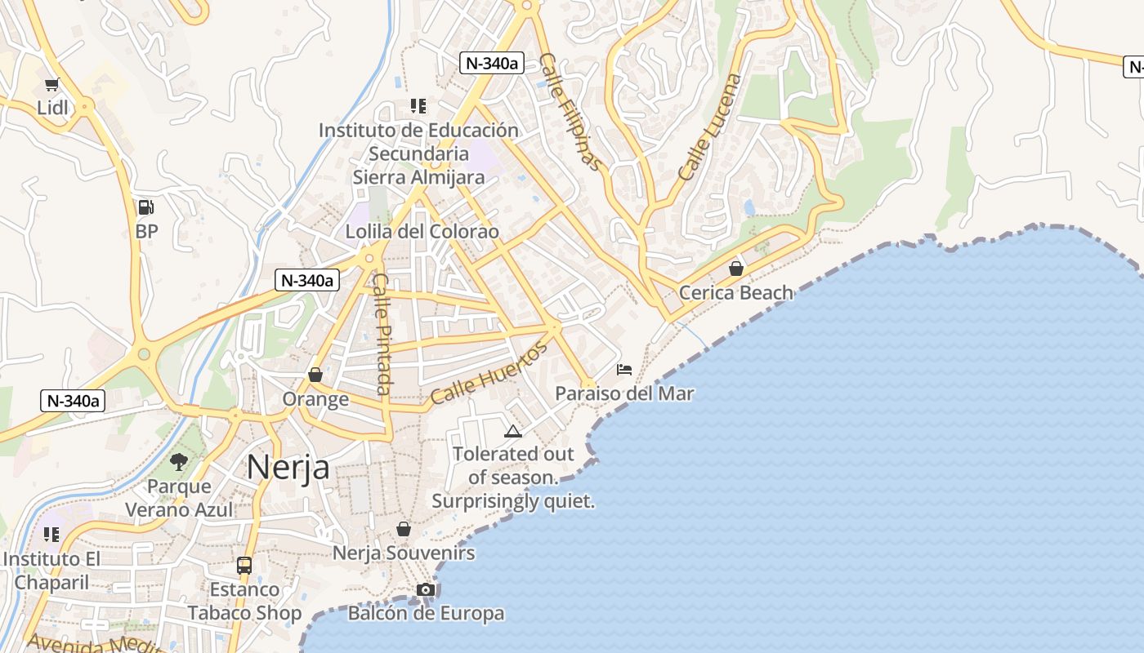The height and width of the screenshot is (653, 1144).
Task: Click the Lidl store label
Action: (52, 108)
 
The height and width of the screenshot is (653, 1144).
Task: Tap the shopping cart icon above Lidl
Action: (52, 84)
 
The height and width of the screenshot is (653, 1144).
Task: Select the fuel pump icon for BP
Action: (146, 207)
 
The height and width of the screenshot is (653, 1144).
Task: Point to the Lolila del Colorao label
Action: (422, 231)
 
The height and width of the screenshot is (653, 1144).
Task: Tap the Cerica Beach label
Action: (736, 292)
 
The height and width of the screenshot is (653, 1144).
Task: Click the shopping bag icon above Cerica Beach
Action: (736, 269)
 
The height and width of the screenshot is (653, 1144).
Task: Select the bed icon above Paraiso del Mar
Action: (624, 370)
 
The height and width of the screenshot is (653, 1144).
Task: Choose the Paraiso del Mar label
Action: (624, 393)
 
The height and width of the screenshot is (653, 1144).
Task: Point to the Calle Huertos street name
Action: (488, 374)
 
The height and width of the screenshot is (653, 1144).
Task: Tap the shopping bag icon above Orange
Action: (315, 375)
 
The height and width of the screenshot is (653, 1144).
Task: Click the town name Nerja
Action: (288, 467)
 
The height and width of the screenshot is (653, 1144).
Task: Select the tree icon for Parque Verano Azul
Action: (179, 462)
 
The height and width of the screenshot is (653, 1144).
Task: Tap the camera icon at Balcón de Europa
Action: (426, 589)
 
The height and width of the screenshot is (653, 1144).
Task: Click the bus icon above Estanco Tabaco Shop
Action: (244, 565)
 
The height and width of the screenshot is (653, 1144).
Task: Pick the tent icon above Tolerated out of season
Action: (513, 431)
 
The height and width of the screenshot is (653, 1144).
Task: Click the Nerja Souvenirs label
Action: (404, 553)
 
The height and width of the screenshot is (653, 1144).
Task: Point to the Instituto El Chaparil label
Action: (51, 571)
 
